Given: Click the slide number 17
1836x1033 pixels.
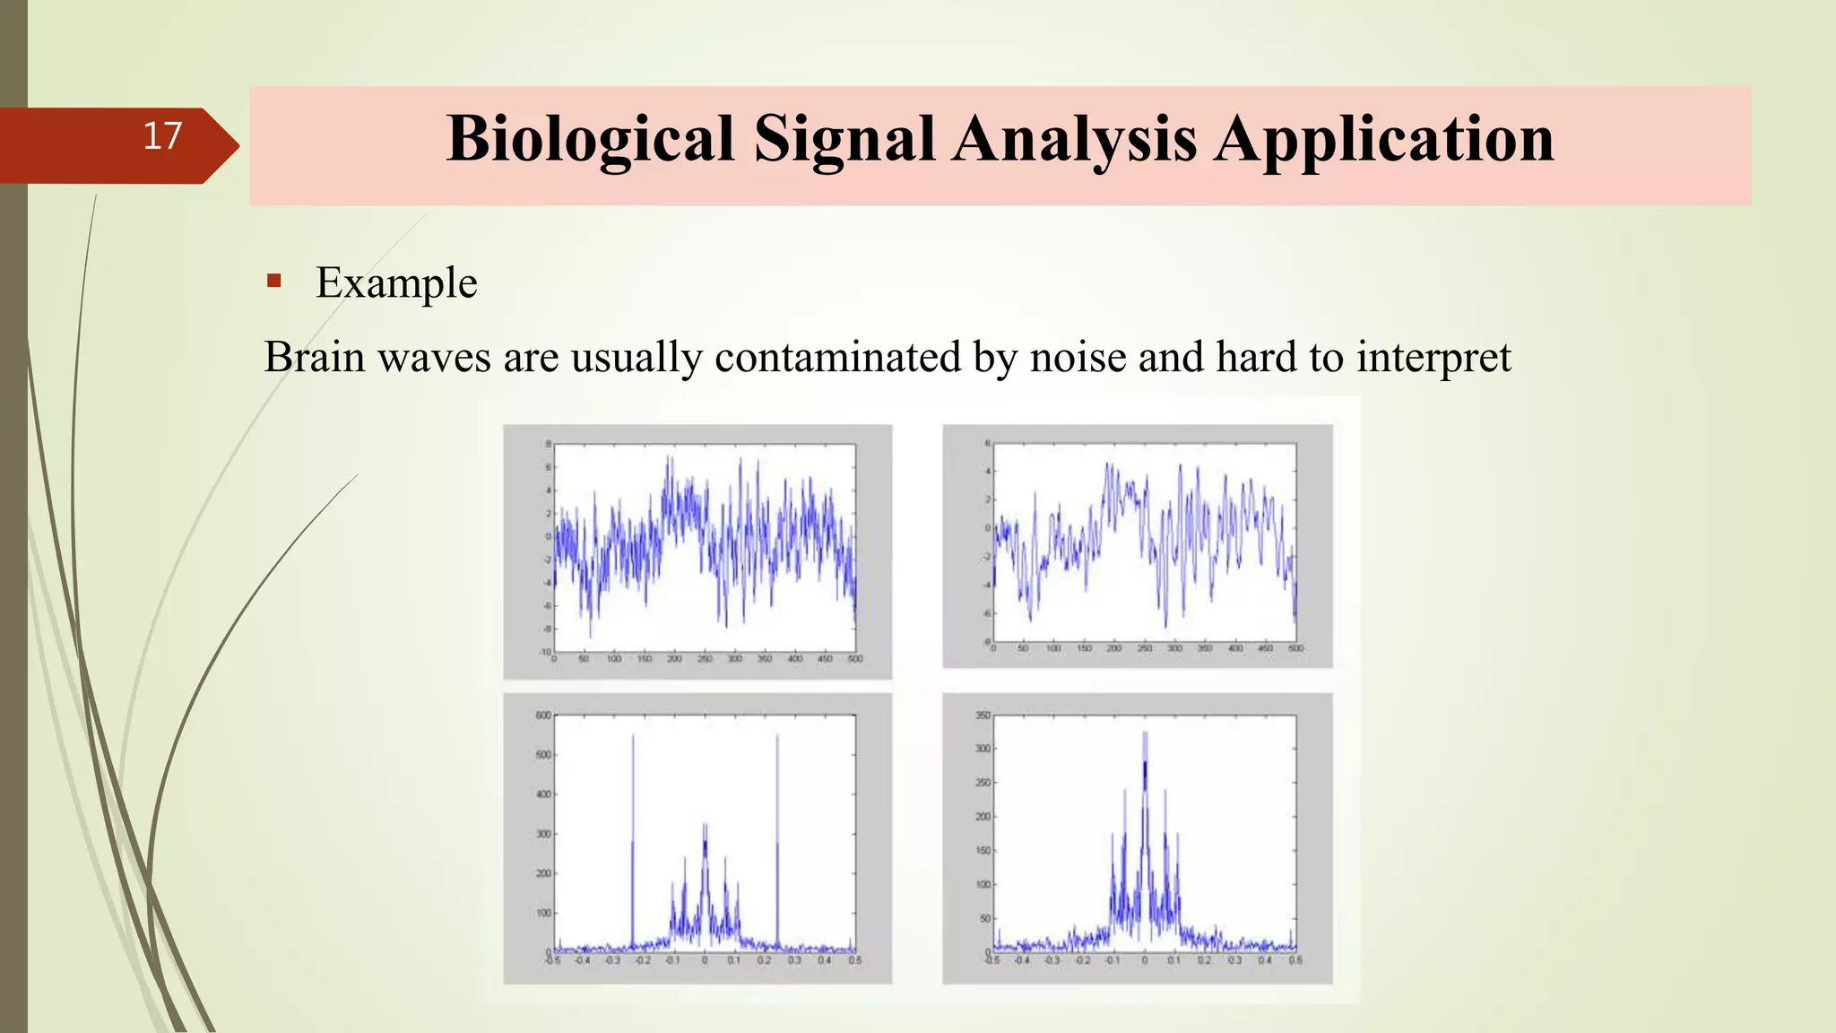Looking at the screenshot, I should pos(162,136).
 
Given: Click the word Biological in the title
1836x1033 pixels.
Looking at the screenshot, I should pos(590,140).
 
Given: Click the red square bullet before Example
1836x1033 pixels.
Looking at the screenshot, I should pos(274,282).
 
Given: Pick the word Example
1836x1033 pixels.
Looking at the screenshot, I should pos(396,283).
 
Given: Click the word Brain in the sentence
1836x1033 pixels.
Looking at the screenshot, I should pos(314,357).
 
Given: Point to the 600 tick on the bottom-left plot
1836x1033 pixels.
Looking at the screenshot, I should pos(542,716).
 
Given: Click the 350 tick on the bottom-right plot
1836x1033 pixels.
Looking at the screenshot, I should pos(983,716).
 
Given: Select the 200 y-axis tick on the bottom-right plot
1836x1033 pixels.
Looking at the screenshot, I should pos(983,817).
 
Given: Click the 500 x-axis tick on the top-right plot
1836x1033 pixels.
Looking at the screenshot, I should pos(1295,648).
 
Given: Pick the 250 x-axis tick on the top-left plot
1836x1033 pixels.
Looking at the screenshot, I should pos(705,659).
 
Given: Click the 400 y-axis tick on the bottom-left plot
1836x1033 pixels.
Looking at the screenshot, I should pos(542,794).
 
